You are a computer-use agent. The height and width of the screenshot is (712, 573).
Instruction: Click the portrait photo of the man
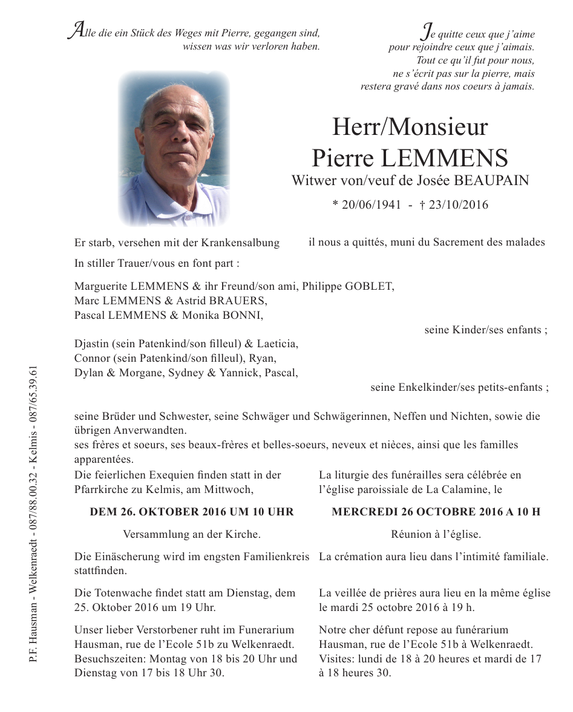tap(174, 149)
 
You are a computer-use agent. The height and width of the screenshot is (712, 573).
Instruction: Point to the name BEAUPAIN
tap(491, 180)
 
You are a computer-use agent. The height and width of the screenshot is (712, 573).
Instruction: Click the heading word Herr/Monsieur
tap(410, 127)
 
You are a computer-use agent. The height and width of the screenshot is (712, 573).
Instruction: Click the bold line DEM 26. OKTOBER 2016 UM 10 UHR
tap(192, 512)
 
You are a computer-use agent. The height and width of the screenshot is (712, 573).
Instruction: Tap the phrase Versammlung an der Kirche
tap(192, 534)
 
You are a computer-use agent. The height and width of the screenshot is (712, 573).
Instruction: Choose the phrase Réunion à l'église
tap(436, 534)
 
